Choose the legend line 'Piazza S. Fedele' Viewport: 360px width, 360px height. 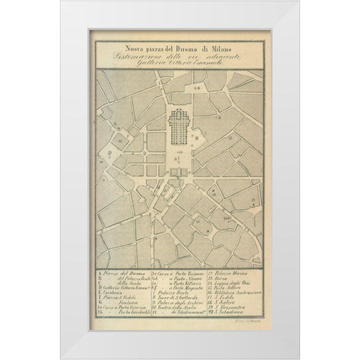116,295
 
